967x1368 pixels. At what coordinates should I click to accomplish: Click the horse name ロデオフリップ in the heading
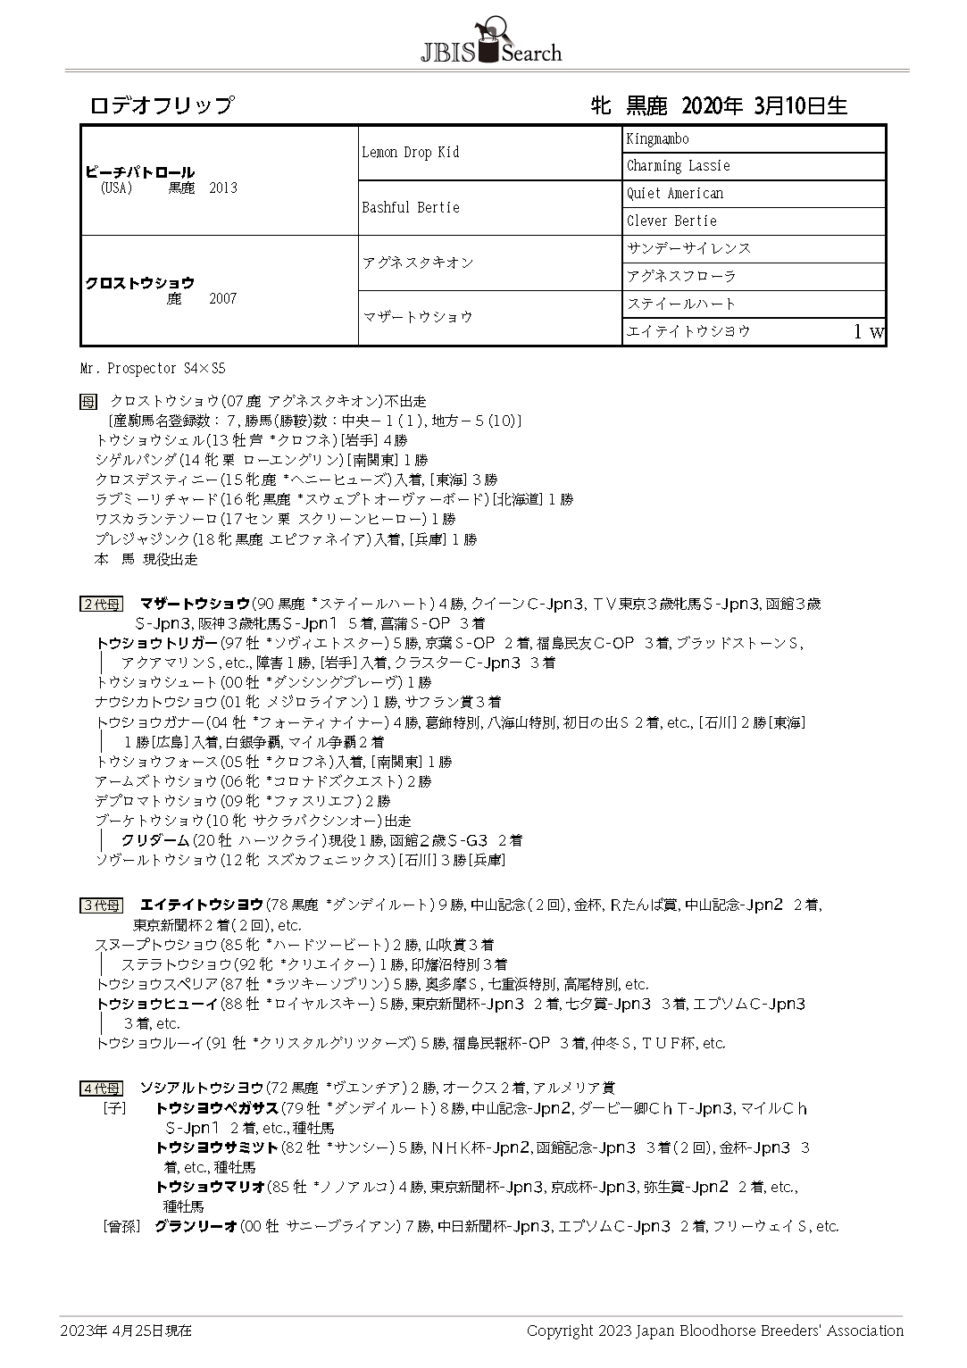pyautogui.click(x=162, y=105)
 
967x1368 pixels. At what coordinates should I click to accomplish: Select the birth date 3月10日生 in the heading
pyautogui.click(x=800, y=105)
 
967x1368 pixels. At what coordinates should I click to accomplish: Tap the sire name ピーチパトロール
pyautogui.click(x=139, y=172)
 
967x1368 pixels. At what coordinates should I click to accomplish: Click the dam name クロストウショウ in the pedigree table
pyautogui.click(x=139, y=283)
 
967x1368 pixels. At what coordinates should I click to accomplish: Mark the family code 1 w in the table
pyautogui.click(x=868, y=332)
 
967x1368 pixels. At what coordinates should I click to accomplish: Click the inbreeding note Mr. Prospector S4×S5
pyautogui.click(x=153, y=368)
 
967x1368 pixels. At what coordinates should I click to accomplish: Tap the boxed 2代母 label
pyautogui.click(x=101, y=605)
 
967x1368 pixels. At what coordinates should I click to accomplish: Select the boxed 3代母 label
pyautogui.click(x=101, y=905)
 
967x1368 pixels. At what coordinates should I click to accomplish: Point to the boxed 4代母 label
pyautogui.click(x=101, y=1089)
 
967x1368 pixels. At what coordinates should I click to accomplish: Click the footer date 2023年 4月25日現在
pyautogui.click(x=126, y=1330)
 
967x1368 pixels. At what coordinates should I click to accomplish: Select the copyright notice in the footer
pyautogui.click(x=714, y=1330)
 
